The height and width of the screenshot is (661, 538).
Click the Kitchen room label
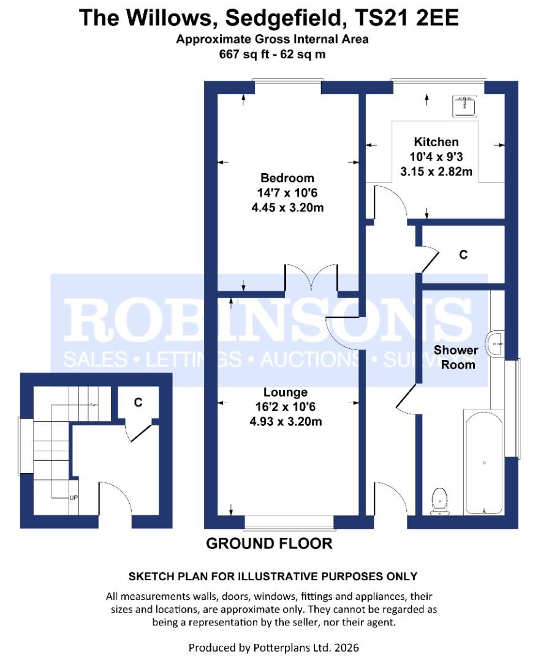[436, 142]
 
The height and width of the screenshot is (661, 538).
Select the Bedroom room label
[287, 178]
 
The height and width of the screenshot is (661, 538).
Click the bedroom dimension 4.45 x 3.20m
[287, 207]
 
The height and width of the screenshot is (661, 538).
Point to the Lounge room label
[286, 392]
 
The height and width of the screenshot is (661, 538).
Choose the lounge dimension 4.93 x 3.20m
[286, 421]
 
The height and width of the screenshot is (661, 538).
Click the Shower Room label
[455, 357]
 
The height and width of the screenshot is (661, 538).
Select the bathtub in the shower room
[483, 461]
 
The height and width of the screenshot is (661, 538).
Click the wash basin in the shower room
[495, 345]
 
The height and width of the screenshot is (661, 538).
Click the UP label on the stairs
[74, 497]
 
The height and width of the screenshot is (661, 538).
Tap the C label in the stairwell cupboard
[138, 402]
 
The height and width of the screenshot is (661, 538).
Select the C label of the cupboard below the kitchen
[464, 254]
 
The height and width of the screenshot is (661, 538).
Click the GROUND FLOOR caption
[269, 543]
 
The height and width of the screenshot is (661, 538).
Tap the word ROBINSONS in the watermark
[268, 319]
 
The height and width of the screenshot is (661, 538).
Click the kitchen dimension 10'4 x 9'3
[436, 157]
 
